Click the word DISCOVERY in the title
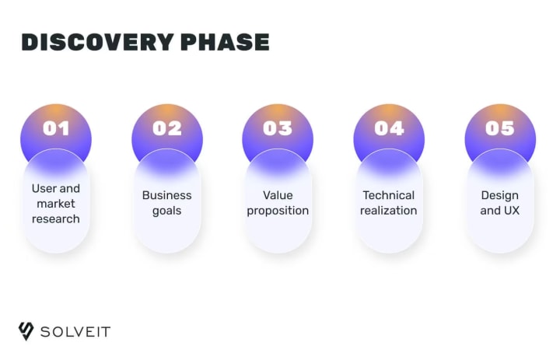pyautogui.click(x=97, y=42)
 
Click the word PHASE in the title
pyautogui.click(x=225, y=42)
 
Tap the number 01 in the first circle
pyautogui.click(x=56, y=128)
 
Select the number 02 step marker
pyautogui.click(x=167, y=128)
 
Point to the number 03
pyautogui.click(x=278, y=128)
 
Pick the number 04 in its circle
pyautogui.click(x=389, y=128)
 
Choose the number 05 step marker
pyautogui.click(x=499, y=128)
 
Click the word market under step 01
pyautogui.click(x=56, y=204)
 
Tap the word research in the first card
pyautogui.click(x=56, y=218)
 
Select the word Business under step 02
pyautogui.click(x=166, y=195)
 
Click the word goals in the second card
pyautogui.click(x=166, y=211)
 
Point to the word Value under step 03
pyautogui.click(x=278, y=195)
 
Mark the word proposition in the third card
pyautogui.click(x=278, y=211)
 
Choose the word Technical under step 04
pyautogui.click(x=389, y=195)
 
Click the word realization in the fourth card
pyautogui.click(x=389, y=211)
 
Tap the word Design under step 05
pyautogui.click(x=499, y=196)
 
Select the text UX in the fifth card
pyautogui.click(x=512, y=211)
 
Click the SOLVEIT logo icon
pyautogui.click(x=26, y=331)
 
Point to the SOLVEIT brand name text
pyautogui.click(x=75, y=332)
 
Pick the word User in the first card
pyautogui.click(x=44, y=189)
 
